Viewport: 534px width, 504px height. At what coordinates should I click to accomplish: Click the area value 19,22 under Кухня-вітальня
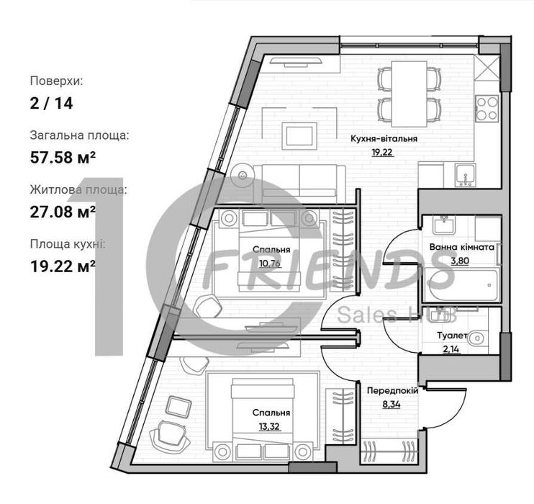[382, 153]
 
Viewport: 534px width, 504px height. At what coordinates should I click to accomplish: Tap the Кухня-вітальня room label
[384, 139]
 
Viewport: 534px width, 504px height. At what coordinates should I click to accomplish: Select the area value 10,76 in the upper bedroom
[270, 264]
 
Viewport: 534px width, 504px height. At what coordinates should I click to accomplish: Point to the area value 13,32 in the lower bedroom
[269, 426]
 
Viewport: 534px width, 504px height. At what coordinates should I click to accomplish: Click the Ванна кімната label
[462, 247]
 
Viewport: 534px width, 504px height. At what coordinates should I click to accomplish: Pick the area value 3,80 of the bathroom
[460, 261]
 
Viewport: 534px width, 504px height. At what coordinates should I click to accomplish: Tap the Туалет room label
[452, 336]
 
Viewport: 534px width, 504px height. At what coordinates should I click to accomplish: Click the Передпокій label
[392, 391]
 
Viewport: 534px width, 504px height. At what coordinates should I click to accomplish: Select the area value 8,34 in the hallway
[392, 405]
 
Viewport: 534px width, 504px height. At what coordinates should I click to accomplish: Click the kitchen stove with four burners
[487, 108]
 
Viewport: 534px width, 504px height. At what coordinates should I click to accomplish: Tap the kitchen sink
[466, 175]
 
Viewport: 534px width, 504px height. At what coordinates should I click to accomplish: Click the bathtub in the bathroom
[462, 285]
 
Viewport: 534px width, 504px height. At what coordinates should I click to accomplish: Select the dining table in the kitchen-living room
[409, 94]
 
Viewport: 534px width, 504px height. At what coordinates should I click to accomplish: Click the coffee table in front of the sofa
[299, 136]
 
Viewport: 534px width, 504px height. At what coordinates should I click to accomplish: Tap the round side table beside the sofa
[243, 175]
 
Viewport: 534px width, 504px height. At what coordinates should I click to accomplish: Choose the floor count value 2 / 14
[51, 103]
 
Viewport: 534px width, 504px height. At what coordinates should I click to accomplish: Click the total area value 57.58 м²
[63, 158]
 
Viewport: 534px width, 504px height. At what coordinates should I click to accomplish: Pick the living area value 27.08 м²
[63, 212]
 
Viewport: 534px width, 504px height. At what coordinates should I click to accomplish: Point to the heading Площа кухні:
[68, 245]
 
